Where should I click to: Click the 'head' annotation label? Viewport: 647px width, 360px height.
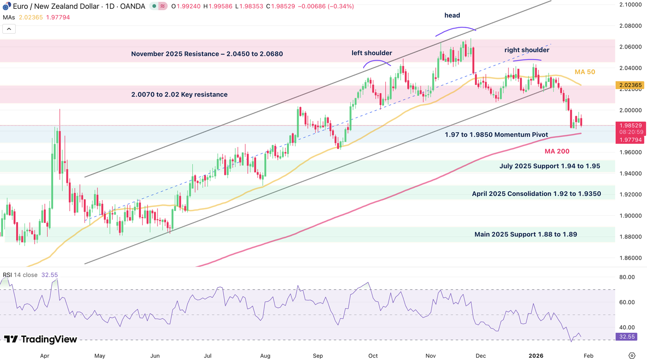click(452, 15)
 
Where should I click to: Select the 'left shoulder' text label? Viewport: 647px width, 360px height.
click(372, 53)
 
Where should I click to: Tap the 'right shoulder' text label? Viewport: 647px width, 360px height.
click(527, 50)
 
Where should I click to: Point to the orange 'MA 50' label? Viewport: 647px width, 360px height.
click(585, 72)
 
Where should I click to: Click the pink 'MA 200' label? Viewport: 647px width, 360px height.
click(557, 151)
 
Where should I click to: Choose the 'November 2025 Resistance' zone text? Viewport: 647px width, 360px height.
click(207, 54)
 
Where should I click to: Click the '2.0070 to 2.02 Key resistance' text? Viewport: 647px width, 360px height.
click(179, 95)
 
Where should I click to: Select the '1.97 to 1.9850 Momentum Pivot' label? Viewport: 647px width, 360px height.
click(496, 134)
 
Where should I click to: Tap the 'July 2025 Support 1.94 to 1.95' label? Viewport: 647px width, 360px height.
click(549, 166)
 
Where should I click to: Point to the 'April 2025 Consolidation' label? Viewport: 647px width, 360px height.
click(536, 194)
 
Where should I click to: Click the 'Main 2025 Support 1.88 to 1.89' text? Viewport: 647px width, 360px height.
click(525, 234)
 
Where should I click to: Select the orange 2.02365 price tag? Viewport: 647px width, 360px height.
click(630, 85)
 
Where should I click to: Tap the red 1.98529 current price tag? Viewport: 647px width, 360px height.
click(630, 125)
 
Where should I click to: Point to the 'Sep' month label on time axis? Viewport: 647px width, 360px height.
click(317, 356)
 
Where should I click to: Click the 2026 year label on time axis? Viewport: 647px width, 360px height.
click(536, 356)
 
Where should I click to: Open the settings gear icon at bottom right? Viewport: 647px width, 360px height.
click(632, 355)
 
